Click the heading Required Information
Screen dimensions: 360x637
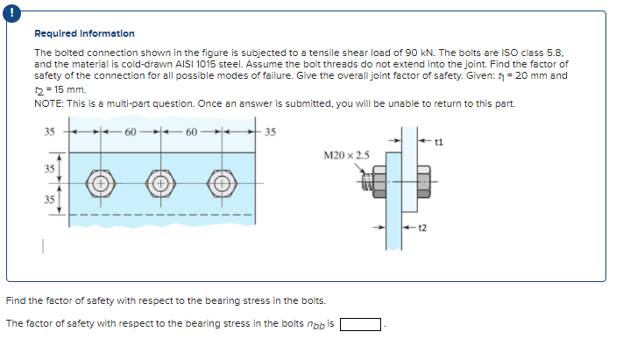(x=84, y=34)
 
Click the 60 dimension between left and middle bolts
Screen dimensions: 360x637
(x=130, y=134)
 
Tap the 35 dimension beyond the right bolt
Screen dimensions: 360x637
(x=270, y=134)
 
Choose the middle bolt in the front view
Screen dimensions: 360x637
(x=160, y=185)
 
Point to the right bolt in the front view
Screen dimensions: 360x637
(x=220, y=185)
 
